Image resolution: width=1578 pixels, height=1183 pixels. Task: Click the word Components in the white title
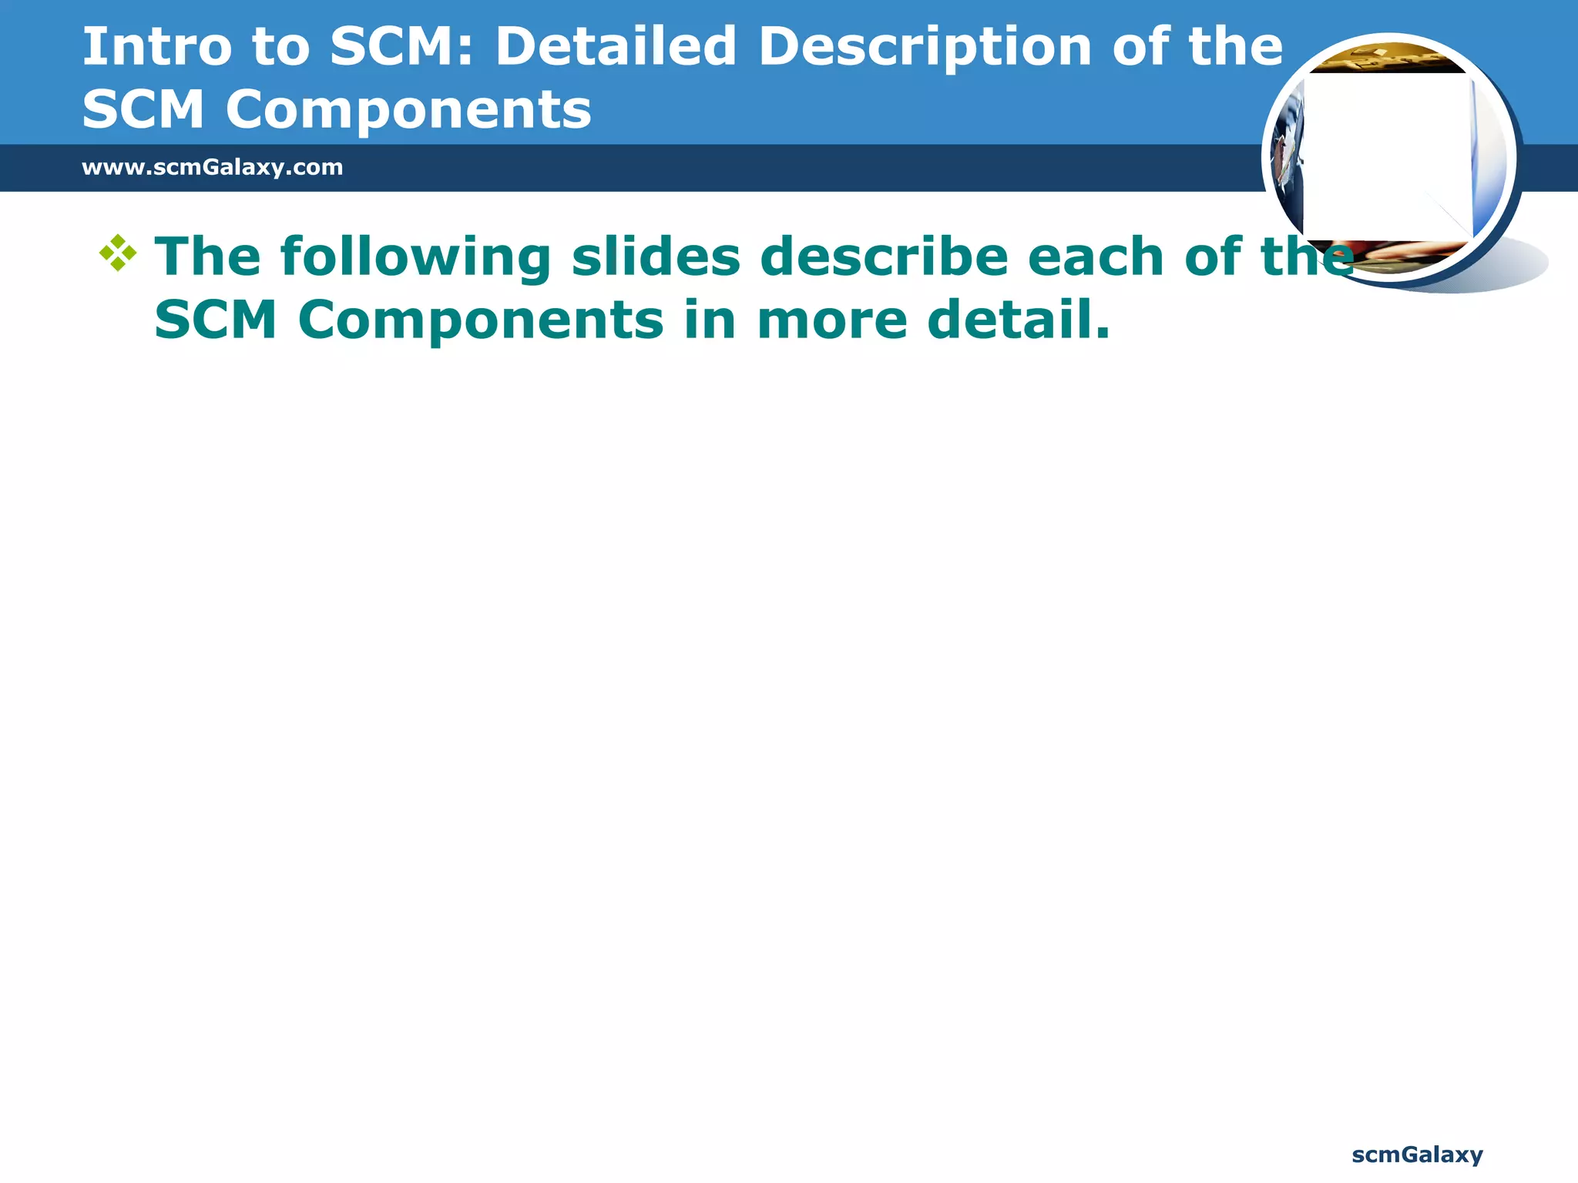point(408,109)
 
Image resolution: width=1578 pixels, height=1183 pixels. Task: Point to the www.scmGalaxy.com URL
point(212,167)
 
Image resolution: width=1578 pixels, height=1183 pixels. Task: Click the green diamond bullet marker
point(118,253)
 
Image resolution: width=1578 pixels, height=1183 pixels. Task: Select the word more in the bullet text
point(832,320)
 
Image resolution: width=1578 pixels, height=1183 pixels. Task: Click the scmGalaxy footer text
point(1417,1155)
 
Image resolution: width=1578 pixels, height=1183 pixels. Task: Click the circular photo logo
point(1389,159)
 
